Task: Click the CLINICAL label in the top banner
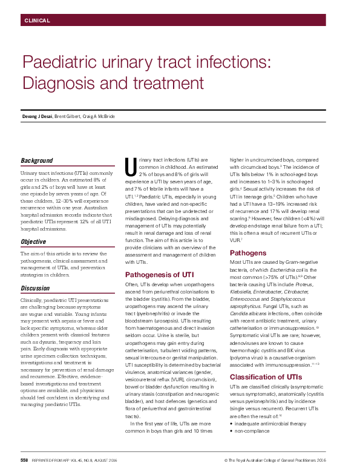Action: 37,21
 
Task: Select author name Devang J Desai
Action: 38,116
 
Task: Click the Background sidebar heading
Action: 37,161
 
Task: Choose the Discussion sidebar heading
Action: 36,288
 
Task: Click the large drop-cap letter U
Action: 129,165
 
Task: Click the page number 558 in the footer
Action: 25,461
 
